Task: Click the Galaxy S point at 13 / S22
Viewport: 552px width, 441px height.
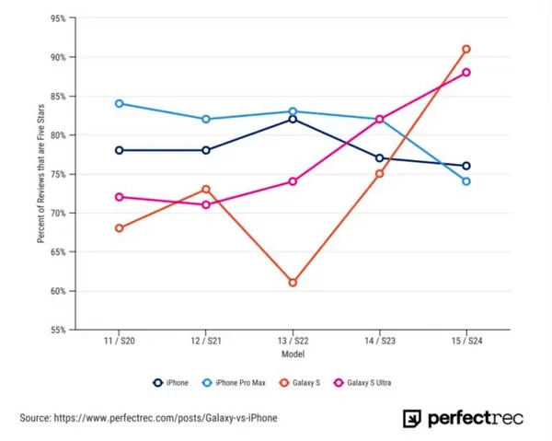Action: pos(293,283)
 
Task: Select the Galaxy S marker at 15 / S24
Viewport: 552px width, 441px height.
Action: pos(466,49)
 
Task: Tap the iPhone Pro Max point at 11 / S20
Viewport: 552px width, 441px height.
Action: pos(120,103)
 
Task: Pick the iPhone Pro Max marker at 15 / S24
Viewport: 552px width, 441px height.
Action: pos(466,181)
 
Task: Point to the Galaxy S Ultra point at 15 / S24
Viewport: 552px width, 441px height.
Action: pos(466,73)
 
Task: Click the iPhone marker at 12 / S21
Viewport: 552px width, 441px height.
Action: pos(206,150)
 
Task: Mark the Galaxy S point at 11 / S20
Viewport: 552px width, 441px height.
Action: pos(120,228)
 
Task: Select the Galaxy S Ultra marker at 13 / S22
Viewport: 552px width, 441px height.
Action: pos(293,181)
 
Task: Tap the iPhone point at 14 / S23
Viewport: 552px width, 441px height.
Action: pos(379,158)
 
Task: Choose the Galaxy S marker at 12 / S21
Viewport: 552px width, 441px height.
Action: pos(206,189)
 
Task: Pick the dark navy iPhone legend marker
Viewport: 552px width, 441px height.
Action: pos(159,380)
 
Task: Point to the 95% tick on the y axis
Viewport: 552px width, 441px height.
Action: pos(57,18)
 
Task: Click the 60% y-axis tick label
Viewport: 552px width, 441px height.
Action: pos(57,291)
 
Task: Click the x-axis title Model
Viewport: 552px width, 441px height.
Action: pos(293,354)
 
